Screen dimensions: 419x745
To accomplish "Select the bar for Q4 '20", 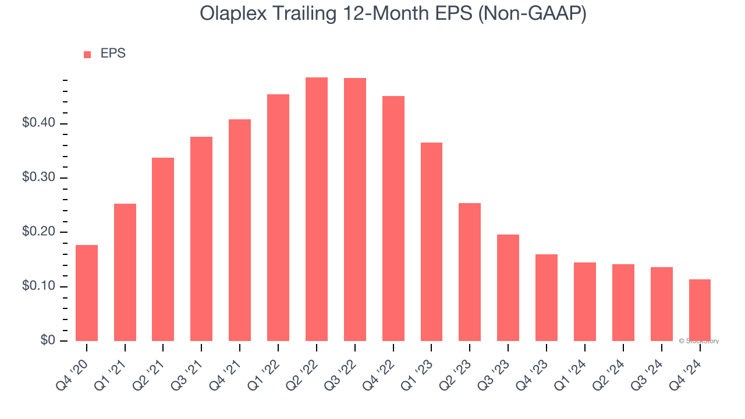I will (x=87, y=293).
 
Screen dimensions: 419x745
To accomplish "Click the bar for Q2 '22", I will (x=317, y=209).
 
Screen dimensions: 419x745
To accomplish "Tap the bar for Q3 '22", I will (x=355, y=210).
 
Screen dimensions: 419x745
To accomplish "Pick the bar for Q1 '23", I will (x=431, y=242).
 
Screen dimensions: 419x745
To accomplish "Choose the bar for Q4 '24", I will (x=700, y=310).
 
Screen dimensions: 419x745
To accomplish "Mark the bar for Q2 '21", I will (x=163, y=249).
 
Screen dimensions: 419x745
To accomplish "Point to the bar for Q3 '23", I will (x=508, y=287).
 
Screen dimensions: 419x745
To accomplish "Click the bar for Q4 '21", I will (x=240, y=230).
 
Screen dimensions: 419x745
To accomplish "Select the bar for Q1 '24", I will (x=584, y=301).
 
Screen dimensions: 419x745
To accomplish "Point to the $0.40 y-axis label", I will (x=38, y=123).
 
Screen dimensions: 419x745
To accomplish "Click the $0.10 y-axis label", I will (x=38, y=286).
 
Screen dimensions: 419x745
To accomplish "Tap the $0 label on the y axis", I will (x=47, y=340).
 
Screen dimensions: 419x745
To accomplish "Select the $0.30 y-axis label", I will (x=38, y=177).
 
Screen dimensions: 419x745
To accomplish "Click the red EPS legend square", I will (x=87, y=55).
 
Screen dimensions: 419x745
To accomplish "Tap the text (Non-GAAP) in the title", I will (x=531, y=13).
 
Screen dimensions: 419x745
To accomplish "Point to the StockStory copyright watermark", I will (x=699, y=341).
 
